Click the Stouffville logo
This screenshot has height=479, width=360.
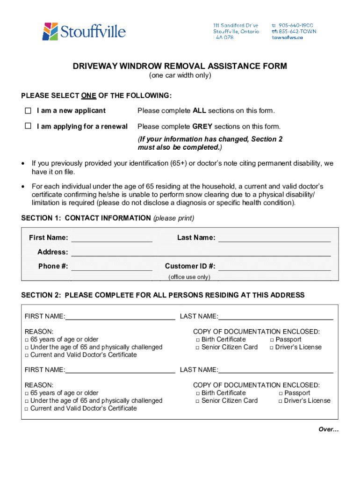pyautogui.click(x=84, y=31)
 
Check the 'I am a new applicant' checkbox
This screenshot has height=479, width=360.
pyautogui.click(x=28, y=111)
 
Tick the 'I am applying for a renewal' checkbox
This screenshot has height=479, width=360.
pyautogui.click(x=28, y=126)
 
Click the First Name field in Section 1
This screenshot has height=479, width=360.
pyautogui.click(x=111, y=238)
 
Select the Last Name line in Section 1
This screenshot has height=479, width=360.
pyautogui.click(x=274, y=238)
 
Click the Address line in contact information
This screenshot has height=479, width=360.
pyautogui.click(x=201, y=253)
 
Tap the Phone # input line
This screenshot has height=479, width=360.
pyautogui.click(x=111, y=267)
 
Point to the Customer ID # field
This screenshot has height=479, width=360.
pyautogui.click(x=274, y=267)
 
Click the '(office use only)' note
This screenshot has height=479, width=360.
pyautogui.click(x=189, y=277)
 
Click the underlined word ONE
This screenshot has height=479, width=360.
pyautogui.click(x=88, y=96)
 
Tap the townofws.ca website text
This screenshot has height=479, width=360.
pyautogui.click(x=287, y=38)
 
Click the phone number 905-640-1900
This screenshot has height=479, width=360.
pyautogui.click(x=295, y=25)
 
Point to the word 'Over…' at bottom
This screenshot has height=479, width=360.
pyautogui.click(x=328, y=429)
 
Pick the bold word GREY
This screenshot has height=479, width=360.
pyautogui.click(x=202, y=126)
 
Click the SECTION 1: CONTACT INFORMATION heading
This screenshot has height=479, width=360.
pyautogui.click(x=86, y=218)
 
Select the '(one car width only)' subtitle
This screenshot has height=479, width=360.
pyautogui.click(x=180, y=75)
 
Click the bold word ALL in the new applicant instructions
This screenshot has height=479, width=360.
pyautogui.click(x=199, y=111)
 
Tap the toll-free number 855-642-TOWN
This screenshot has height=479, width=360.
pyautogui.click(x=297, y=31)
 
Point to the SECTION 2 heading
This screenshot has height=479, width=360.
pyautogui.click(x=163, y=295)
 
